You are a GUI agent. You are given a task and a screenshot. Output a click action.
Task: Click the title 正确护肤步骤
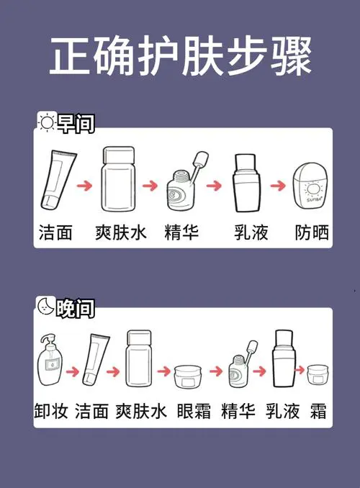(x=180, y=58)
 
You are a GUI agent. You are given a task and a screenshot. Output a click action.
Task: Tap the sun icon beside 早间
(x=46, y=123)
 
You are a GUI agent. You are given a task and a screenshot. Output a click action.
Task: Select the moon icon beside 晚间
(x=45, y=307)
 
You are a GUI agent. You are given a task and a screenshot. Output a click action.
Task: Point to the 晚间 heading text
(x=75, y=307)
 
